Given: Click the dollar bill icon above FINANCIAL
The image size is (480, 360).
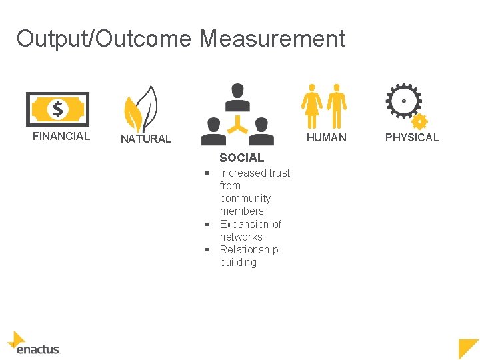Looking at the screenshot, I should pyautogui.click(x=57, y=109).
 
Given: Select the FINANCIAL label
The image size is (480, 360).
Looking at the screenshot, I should pyautogui.click(x=61, y=136).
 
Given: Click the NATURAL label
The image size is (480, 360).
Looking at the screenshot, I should pyautogui.click(x=145, y=139).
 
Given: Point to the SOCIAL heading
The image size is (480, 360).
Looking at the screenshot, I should pyautogui.click(x=241, y=158).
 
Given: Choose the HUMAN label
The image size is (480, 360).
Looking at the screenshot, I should pyautogui.click(x=326, y=137).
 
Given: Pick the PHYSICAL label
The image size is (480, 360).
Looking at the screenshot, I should pyautogui.click(x=412, y=137).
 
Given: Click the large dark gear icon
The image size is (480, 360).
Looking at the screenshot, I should pyautogui.click(x=403, y=101).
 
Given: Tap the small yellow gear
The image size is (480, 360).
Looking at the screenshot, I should pyautogui.click(x=419, y=121).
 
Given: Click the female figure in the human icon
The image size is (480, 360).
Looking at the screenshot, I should pyautogui.click(x=311, y=105).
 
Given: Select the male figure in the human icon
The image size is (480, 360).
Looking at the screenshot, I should pyautogui.click(x=337, y=105).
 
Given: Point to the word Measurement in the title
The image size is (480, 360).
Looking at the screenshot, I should pyautogui.click(x=272, y=39).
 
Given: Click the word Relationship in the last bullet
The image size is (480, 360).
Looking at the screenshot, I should pyautogui.click(x=249, y=249).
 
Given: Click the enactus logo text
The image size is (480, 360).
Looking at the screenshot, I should pyautogui.click(x=39, y=349).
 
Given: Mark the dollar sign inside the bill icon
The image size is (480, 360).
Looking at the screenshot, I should pyautogui.click(x=58, y=109).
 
